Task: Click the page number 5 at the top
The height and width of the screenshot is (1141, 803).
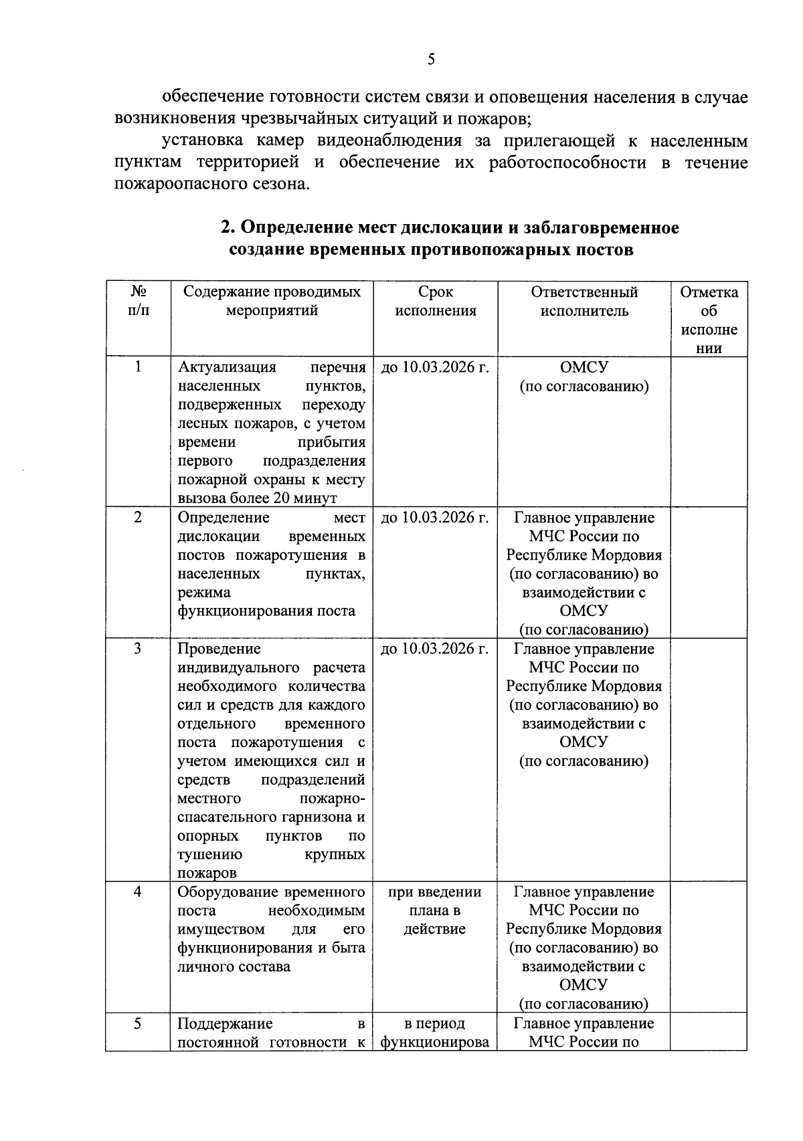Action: click(x=431, y=60)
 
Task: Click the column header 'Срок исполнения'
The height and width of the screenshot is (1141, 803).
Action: click(x=436, y=302)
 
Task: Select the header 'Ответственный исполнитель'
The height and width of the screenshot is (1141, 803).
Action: click(x=584, y=302)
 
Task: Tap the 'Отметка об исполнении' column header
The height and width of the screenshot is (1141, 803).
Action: click(x=709, y=320)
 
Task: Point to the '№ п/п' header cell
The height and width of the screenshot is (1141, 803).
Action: click(x=138, y=302)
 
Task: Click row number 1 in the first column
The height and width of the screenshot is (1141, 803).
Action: click(x=138, y=367)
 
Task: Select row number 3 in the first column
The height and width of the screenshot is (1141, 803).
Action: click(x=138, y=649)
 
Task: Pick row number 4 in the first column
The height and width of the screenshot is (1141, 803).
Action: click(x=138, y=892)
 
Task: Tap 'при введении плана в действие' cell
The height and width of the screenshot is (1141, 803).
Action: click(x=435, y=910)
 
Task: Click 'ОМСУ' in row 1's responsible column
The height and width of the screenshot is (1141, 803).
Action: click(x=584, y=367)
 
